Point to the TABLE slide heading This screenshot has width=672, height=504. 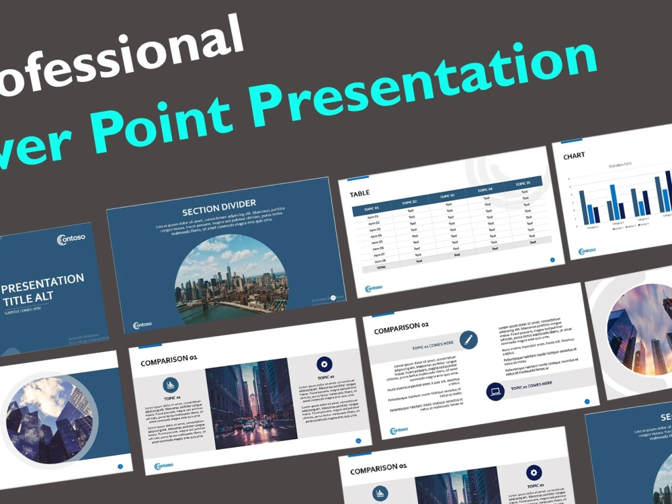(x=360, y=194)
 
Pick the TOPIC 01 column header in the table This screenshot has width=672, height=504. (x=371, y=208)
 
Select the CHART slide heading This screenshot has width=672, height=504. (x=574, y=155)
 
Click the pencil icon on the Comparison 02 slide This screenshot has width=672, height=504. (x=468, y=339)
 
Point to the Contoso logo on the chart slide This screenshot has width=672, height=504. (x=587, y=251)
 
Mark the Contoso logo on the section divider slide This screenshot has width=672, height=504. (x=142, y=325)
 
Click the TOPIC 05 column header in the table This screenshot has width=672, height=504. (x=523, y=183)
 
